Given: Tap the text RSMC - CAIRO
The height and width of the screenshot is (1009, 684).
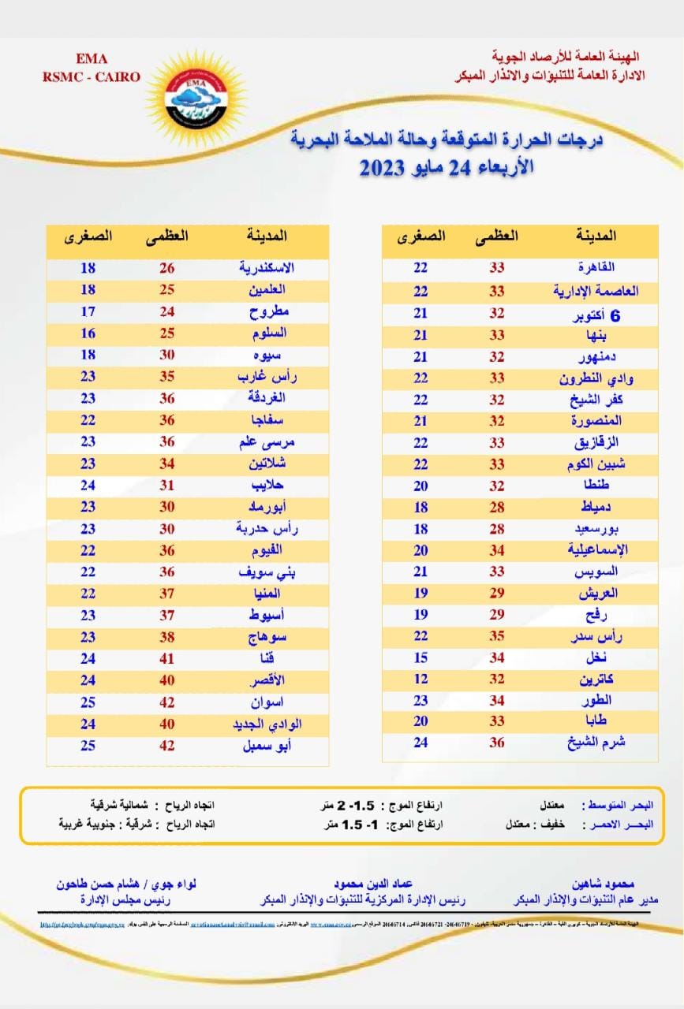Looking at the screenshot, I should (92, 76).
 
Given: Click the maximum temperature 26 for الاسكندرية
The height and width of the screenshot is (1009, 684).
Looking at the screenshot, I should (167, 268).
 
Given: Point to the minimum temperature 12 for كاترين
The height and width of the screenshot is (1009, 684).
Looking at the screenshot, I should (421, 678).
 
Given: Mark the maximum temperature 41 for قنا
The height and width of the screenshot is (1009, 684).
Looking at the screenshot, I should (167, 657).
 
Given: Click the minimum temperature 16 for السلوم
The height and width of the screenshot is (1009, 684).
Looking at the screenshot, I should (88, 333).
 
